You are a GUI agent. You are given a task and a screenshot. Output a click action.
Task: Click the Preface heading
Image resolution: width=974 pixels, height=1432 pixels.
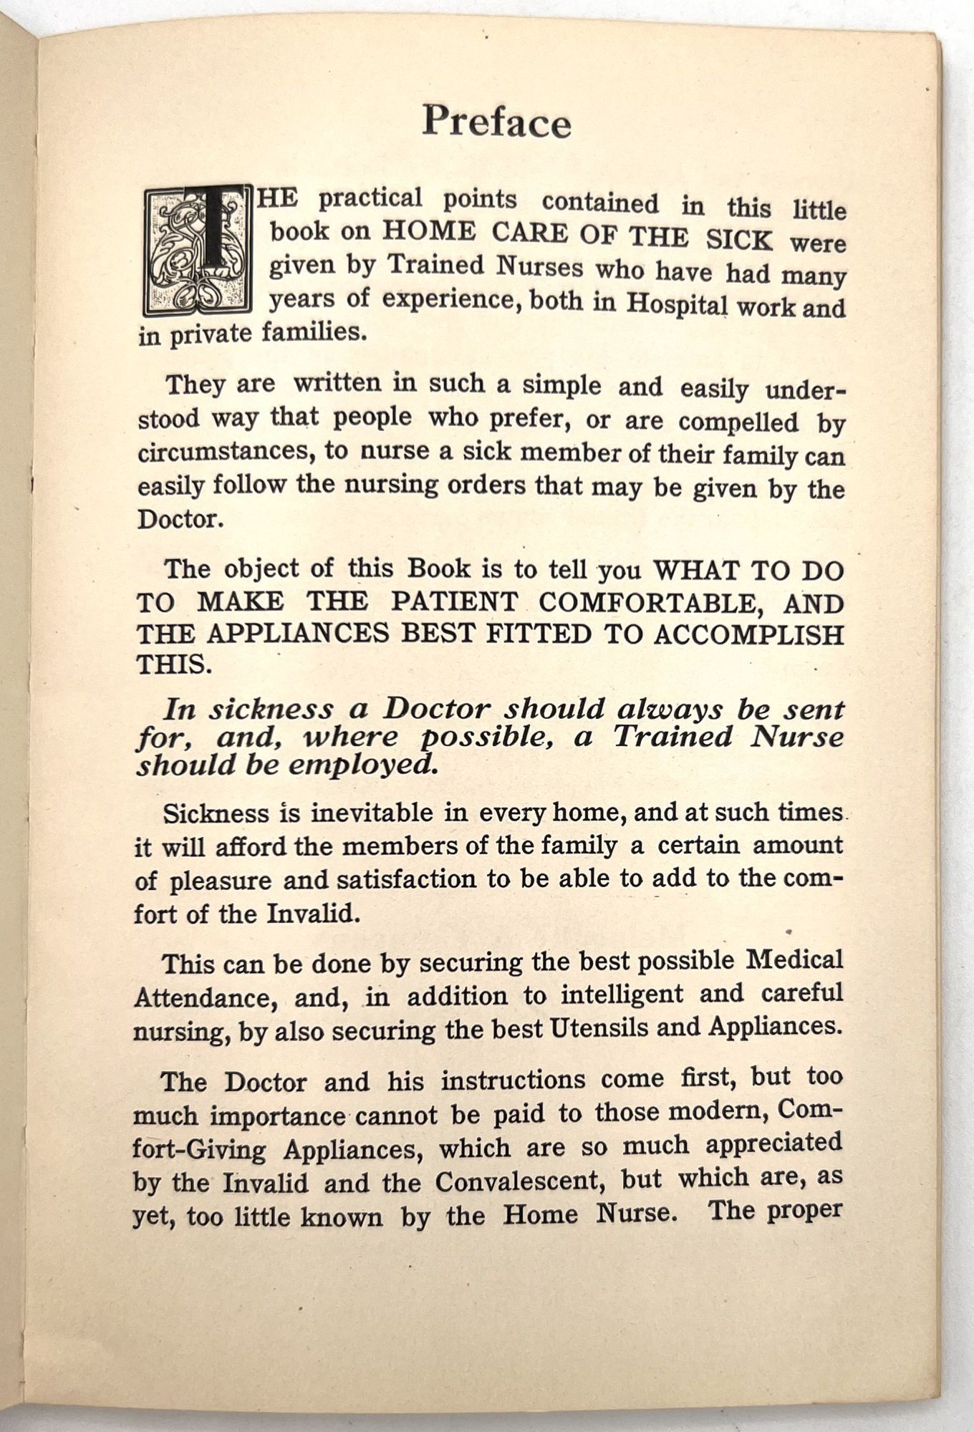coord(496,121)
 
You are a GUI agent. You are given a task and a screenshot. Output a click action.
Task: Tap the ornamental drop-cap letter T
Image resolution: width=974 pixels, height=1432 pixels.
coord(198,250)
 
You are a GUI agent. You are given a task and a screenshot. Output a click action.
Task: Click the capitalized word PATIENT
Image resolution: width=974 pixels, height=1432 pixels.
coord(454,601)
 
